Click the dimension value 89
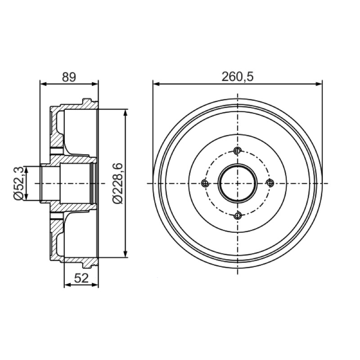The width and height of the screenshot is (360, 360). (x=69, y=77)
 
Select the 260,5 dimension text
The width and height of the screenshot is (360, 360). (x=238, y=76)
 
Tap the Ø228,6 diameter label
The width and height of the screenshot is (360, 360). (x=117, y=184)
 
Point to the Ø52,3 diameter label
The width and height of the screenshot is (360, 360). (x=18, y=184)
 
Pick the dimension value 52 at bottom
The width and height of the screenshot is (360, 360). (x=81, y=278)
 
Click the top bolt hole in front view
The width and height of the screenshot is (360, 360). (x=238, y=151)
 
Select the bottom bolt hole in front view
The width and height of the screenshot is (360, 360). (x=238, y=216)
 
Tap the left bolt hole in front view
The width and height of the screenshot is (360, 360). (x=205, y=183)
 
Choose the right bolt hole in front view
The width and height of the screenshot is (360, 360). (x=270, y=183)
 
